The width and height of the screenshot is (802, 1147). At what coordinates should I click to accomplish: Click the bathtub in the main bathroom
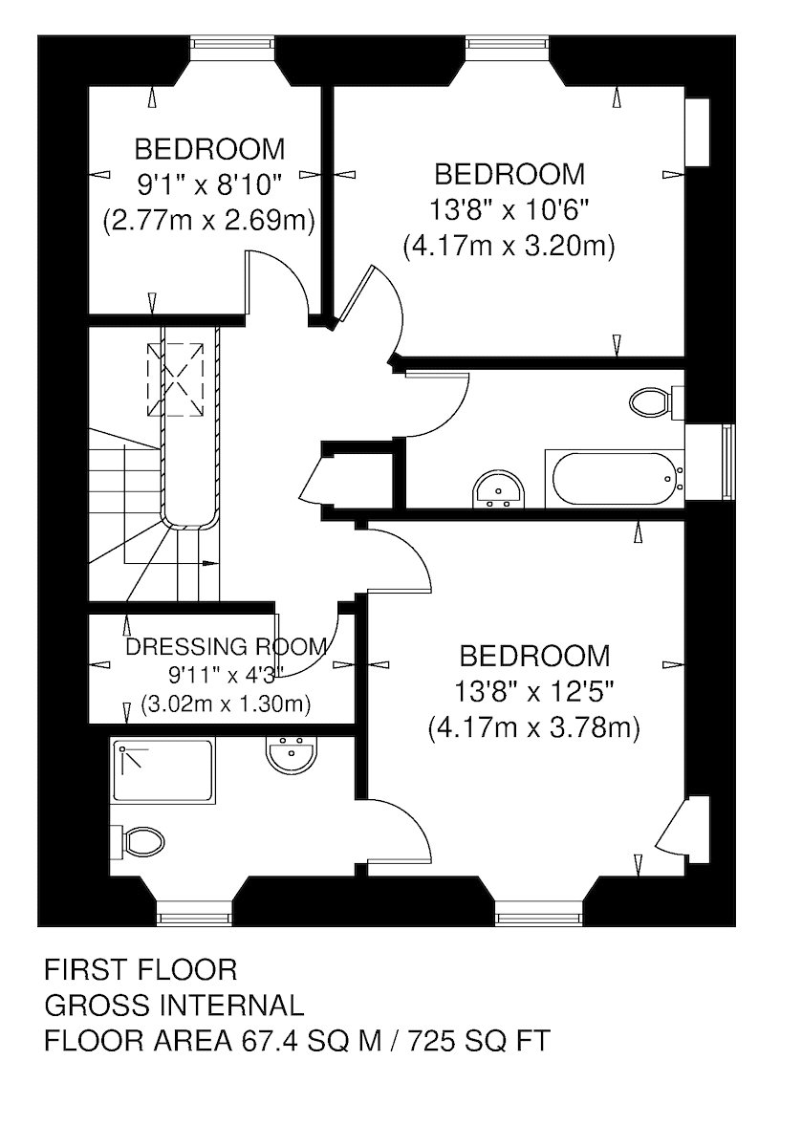coord(614,479)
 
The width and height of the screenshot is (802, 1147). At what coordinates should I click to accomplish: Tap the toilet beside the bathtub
coord(655,402)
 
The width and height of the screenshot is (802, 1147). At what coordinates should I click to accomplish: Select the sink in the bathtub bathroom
coord(498,489)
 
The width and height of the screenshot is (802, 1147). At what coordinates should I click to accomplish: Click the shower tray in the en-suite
coord(163,769)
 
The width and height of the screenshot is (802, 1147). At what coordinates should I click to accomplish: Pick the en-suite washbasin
coord(292,754)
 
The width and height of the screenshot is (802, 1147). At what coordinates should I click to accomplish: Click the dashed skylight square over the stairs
coord(175,379)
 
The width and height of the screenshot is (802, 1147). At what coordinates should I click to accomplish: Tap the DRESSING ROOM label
coord(226,647)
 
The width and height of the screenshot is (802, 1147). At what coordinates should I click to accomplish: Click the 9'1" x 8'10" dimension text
coord(210,184)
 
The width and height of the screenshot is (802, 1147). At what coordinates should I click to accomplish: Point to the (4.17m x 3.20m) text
coord(509,248)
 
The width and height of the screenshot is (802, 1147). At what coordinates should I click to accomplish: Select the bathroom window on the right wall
coord(727,461)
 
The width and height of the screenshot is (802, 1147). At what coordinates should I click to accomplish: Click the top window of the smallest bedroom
coord(232,42)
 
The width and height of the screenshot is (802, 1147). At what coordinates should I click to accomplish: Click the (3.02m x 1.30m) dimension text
coord(226,705)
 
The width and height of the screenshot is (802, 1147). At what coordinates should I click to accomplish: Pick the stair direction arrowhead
coord(210,563)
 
